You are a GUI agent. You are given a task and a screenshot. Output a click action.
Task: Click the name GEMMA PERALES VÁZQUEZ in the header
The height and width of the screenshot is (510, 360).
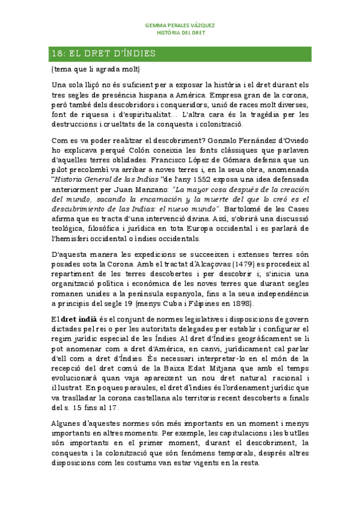(x=180, y=25)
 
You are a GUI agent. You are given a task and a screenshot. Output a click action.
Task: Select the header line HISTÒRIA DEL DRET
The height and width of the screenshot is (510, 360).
(x=180, y=33)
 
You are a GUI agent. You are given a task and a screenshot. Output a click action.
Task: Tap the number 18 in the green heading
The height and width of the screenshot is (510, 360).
(x=57, y=54)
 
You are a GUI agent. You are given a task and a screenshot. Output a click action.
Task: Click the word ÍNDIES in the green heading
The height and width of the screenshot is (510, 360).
(x=139, y=54)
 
